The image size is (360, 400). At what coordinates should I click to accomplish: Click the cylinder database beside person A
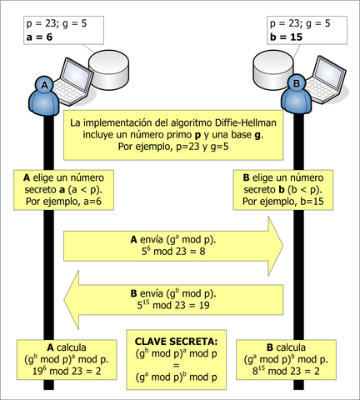point(110,71)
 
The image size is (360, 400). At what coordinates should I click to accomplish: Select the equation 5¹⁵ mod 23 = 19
point(172,306)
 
